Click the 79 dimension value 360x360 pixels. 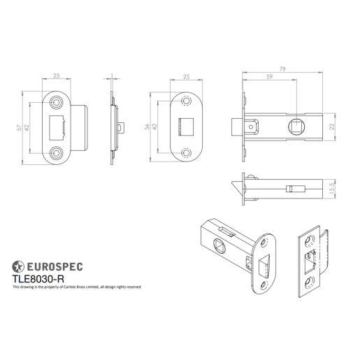[x=282, y=69]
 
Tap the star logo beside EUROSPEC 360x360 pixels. [x=18, y=266]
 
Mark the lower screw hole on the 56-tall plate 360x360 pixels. [x=186, y=150]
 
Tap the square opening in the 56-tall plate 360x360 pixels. [x=185, y=127]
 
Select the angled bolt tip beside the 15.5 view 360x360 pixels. [x=236, y=188]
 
